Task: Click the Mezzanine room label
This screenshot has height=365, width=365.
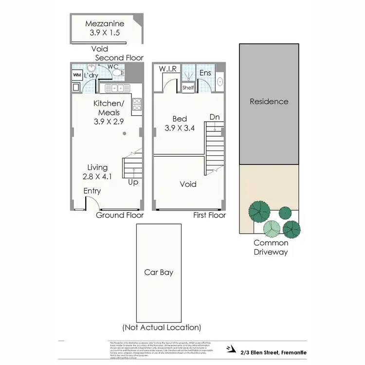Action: tap(105, 24)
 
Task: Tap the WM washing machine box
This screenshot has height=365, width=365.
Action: tap(76, 75)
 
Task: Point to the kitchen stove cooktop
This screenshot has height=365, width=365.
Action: tap(137, 104)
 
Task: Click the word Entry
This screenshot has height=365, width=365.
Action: tap(91, 191)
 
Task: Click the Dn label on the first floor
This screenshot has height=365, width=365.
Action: tap(214, 117)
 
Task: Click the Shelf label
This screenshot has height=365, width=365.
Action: tap(188, 88)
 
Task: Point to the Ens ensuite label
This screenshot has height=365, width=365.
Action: tap(205, 73)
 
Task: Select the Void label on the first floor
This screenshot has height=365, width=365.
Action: tap(188, 184)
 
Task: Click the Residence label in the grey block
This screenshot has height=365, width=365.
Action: tap(269, 102)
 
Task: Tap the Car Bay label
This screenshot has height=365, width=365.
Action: tap(159, 273)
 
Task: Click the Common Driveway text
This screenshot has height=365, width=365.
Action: tap(271, 247)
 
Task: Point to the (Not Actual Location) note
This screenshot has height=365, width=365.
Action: tap(162, 328)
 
